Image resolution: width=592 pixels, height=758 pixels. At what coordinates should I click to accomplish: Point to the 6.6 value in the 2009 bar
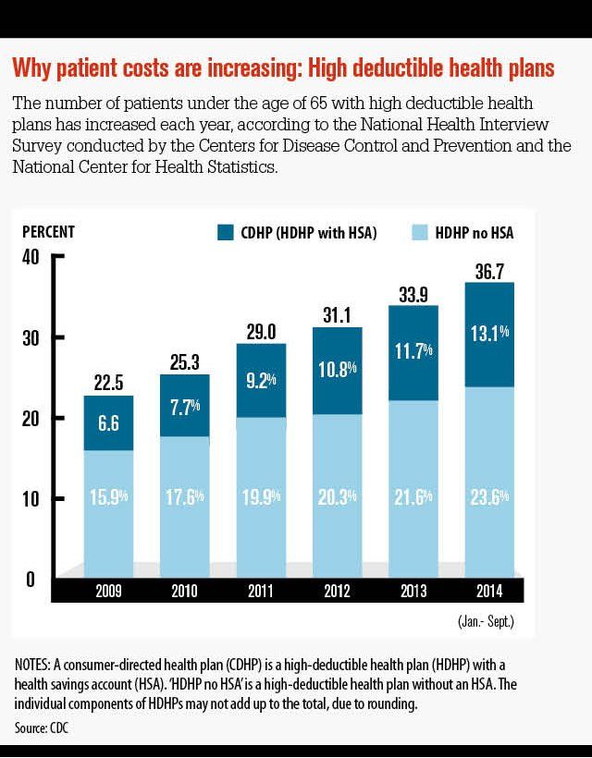point(107,422)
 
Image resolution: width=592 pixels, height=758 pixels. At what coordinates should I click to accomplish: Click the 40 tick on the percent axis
point(30,257)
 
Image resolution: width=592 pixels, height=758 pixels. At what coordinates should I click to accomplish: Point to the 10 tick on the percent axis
point(30,499)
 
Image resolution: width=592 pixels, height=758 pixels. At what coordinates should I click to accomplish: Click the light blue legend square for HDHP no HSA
point(418,233)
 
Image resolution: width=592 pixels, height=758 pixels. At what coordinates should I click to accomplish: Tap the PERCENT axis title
point(48,232)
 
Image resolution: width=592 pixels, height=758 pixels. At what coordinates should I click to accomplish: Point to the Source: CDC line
point(42,727)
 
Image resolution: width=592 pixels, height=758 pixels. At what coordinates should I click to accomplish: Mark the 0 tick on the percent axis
point(30,579)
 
